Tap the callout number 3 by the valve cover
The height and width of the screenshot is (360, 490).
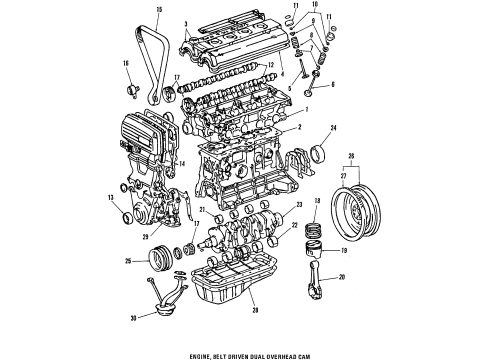click(x=185, y=21)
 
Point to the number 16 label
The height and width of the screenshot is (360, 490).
click(x=126, y=63)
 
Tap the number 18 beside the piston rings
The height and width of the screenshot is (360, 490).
click(x=317, y=230)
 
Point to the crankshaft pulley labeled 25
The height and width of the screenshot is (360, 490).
click(x=157, y=263)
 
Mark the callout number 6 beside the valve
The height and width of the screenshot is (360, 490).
click(x=332, y=85)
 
